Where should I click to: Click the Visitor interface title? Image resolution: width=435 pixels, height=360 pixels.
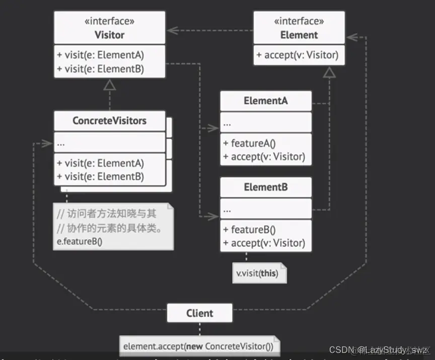click(109, 35)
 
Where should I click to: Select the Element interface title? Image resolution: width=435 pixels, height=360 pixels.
click(299, 35)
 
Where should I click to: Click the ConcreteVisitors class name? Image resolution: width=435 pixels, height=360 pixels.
click(109, 121)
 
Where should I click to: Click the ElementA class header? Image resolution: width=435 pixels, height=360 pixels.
click(265, 101)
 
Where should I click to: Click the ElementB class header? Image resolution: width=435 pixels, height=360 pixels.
click(265, 187)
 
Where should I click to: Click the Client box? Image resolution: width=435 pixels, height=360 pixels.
click(200, 313)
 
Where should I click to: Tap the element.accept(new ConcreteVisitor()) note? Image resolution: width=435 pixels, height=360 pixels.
click(199, 346)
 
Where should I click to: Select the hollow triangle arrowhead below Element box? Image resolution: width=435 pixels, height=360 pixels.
click(329, 73)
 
